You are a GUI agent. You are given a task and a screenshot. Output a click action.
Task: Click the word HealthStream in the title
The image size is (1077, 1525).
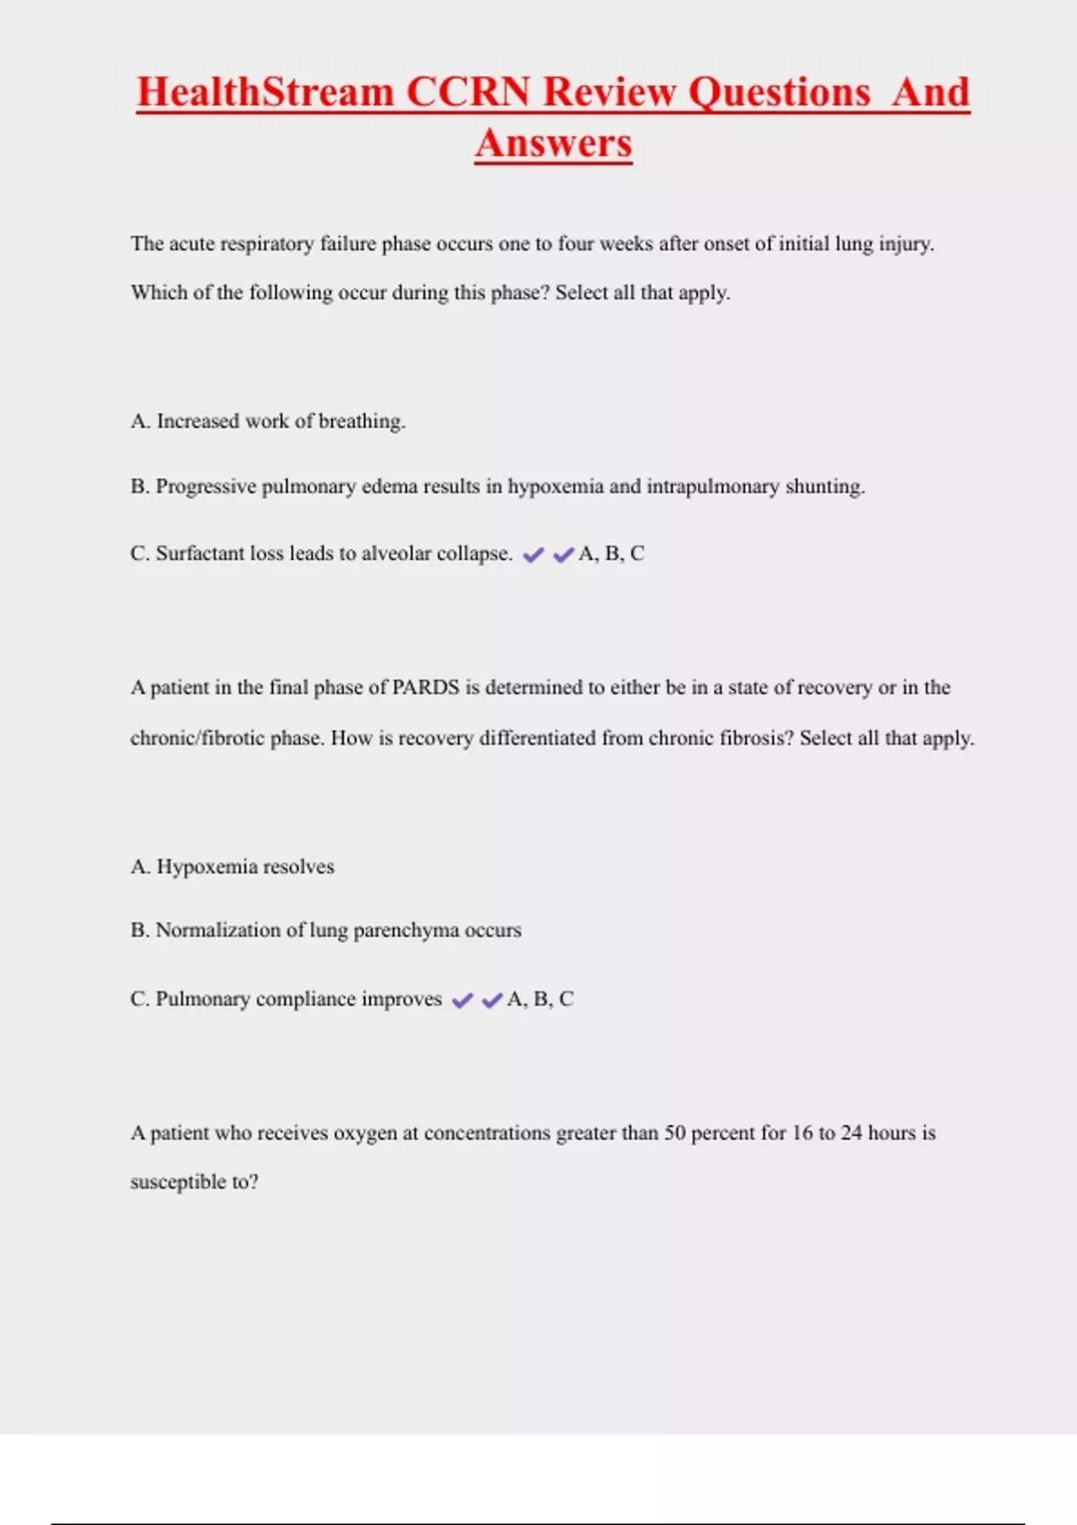coord(265,92)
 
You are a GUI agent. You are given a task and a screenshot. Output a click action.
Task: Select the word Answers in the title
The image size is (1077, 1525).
coord(554,144)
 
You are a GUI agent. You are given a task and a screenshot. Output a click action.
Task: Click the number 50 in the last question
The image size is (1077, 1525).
coord(675,1133)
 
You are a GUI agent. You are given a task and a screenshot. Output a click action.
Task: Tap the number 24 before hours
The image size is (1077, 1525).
coord(852,1133)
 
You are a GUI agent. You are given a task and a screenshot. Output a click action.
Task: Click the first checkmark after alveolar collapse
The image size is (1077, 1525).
coord(533,555)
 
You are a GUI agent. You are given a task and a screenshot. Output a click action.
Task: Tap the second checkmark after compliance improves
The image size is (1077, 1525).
coord(492,1000)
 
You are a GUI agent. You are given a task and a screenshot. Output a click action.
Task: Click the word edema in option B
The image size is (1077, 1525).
coord(390,487)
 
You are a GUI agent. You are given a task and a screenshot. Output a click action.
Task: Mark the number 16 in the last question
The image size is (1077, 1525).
coord(801,1133)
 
